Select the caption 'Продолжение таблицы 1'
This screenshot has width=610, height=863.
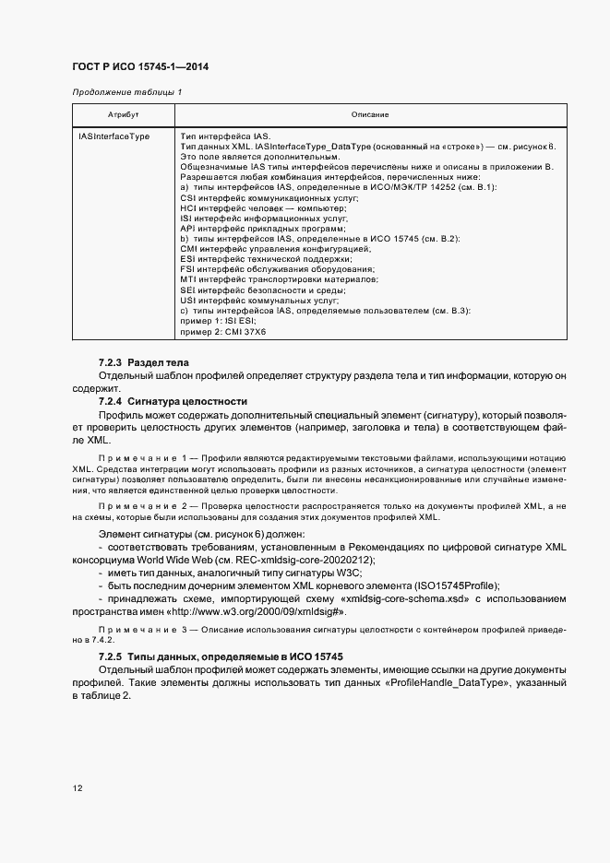click(127, 92)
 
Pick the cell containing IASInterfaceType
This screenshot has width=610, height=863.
click(114, 136)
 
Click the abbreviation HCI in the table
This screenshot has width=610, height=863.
click(187, 207)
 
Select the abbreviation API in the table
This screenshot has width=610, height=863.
click(187, 227)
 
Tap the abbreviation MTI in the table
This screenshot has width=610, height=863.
click(188, 279)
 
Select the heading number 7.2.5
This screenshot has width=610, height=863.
click(111, 656)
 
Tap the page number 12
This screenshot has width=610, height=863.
click(78, 788)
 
